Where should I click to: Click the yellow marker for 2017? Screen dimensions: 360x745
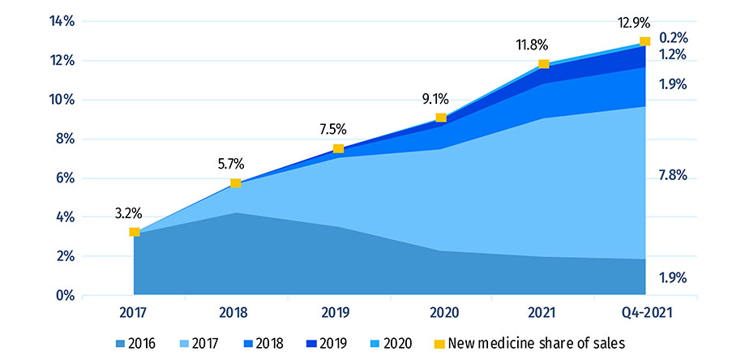point(135,232)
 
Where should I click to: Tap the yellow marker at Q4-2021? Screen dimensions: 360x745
point(644,41)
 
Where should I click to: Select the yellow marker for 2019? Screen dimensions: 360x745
point(339,148)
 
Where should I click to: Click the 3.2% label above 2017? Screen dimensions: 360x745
point(129,214)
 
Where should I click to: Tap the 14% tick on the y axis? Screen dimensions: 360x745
point(62,22)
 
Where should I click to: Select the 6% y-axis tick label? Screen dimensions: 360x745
point(65,178)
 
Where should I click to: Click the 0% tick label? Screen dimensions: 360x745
point(65,295)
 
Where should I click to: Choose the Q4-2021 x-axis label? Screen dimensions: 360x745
point(645,312)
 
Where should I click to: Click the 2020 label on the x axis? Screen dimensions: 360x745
point(441,312)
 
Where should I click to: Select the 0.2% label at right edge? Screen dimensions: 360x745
point(673,37)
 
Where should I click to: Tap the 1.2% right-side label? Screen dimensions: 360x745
point(673,55)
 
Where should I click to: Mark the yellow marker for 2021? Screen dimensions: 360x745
point(543,64)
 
